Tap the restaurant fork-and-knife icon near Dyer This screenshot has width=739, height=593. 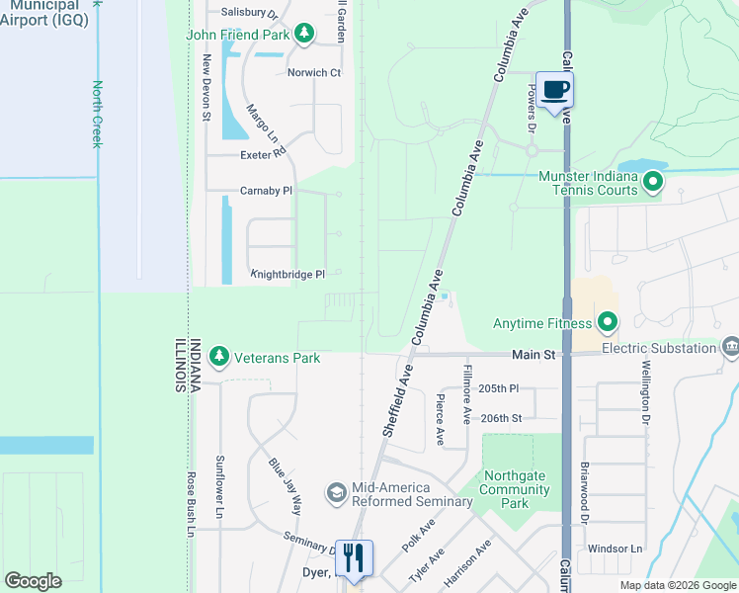[x=355, y=557]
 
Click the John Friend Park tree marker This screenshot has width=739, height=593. [x=305, y=35]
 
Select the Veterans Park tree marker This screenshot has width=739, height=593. [x=218, y=357]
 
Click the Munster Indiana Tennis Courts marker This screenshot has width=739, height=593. [x=652, y=183]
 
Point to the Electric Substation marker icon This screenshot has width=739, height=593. [x=730, y=347]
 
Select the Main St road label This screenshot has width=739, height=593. [x=534, y=354]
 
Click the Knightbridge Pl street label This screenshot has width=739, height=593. [x=287, y=274]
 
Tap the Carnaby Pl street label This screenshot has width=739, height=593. [x=266, y=190]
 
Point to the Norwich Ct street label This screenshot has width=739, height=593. [x=313, y=72]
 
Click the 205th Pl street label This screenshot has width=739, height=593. [x=498, y=389]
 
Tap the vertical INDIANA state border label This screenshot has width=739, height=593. [x=196, y=363]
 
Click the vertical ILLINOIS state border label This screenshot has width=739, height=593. [x=181, y=363]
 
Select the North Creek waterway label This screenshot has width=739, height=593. [x=97, y=115]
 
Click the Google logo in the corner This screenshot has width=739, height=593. [x=33, y=581]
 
